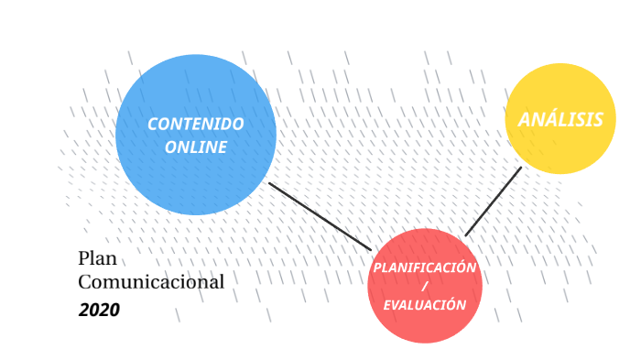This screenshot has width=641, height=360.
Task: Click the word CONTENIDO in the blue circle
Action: pos(195,124)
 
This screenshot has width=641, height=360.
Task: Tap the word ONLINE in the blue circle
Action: pos(195,147)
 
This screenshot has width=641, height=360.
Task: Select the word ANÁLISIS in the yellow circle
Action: pos(560,120)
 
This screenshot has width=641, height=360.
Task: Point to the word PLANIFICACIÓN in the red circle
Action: pos(424,267)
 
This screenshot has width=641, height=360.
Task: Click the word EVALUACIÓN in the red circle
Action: pos(424,305)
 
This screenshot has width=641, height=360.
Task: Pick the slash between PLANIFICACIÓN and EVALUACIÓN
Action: pos(424,287)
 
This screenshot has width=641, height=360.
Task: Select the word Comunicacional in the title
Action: pos(151,282)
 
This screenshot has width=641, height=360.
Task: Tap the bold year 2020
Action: pos(99,310)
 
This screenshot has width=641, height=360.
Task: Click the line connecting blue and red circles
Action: pos(320,216)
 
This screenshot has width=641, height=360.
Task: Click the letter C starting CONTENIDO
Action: pos(152,124)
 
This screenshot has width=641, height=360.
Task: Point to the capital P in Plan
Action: pos(84,259)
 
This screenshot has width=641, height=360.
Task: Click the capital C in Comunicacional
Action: pos(85,282)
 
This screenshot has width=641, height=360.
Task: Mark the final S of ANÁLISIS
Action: pos(598,120)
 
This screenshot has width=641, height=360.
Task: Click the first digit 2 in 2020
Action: pos(83,310)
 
